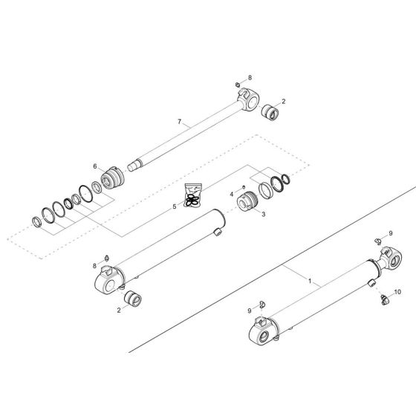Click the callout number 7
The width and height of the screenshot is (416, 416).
(179, 120)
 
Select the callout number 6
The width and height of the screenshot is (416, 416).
(94, 166)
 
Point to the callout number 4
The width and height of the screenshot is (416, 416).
(231, 195)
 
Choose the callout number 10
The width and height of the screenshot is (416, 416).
(397, 292)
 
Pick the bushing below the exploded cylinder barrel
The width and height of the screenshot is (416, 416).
(134, 300)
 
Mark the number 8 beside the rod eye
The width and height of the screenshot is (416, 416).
(250, 78)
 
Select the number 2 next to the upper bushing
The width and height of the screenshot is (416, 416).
(283, 101)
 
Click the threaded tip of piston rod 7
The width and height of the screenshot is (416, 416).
(133, 168)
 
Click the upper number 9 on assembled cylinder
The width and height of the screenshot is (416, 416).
(390, 234)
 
